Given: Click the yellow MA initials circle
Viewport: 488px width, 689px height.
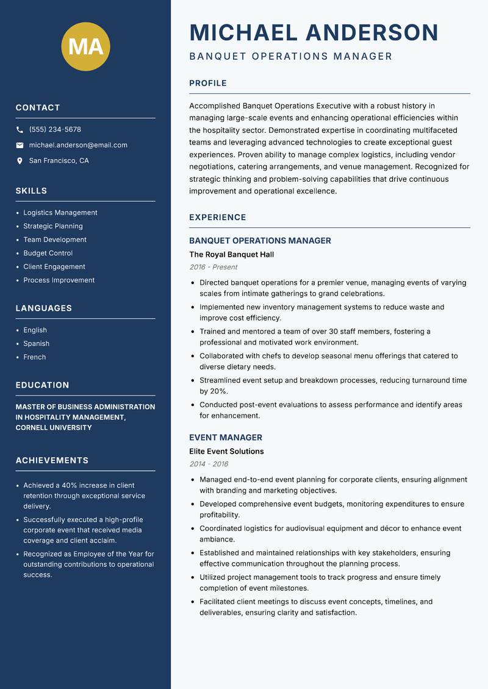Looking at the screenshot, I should pos(86,46).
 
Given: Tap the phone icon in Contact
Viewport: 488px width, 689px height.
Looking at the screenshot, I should pos(20,130).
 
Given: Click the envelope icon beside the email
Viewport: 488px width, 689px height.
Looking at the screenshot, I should pos(20,145).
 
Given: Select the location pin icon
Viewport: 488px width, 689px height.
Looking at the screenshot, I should pos(20,161).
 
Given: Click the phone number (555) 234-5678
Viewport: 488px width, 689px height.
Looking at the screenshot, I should pos(55,130).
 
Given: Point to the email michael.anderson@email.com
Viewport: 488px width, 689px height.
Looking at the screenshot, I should pos(78,145).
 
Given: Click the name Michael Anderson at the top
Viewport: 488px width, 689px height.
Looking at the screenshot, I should pos(314,32).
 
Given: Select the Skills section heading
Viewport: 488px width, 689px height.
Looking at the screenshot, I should pos(31,191).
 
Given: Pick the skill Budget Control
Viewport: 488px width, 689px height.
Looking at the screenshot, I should pos(48,253).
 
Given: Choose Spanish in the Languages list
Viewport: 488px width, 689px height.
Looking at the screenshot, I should pos(36,343).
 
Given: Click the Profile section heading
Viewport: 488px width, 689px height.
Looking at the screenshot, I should pos(207,84).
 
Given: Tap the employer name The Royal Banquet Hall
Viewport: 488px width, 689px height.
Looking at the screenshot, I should pos(231,254).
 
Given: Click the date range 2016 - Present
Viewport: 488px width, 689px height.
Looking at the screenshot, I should pos(213,267).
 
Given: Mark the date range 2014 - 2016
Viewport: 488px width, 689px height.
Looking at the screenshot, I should pos(209,464).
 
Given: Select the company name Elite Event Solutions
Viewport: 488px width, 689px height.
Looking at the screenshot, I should pos(226,451).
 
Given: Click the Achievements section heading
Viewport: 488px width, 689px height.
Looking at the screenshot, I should pos(52,460).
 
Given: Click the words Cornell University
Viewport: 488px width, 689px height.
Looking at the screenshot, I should pos(54,427).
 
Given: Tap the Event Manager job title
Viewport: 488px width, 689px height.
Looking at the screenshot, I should pos(225,437).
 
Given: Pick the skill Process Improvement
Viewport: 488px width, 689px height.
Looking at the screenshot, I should pos(59,280).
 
